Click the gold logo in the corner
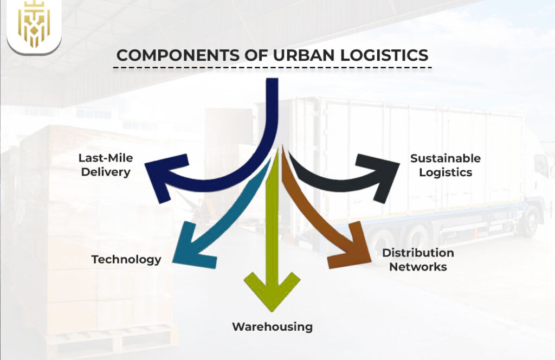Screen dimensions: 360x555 click(x=34, y=27)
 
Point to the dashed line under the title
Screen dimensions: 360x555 click(x=273, y=68)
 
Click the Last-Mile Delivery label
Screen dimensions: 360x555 click(x=105, y=165)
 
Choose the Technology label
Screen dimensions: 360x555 click(x=126, y=259)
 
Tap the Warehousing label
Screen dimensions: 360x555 click(x=272, y=326)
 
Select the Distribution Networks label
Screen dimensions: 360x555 click(x=418, y=260)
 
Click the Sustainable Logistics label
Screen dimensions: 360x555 click(x=445, y=165)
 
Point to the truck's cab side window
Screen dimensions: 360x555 click(x=540, y=166)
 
